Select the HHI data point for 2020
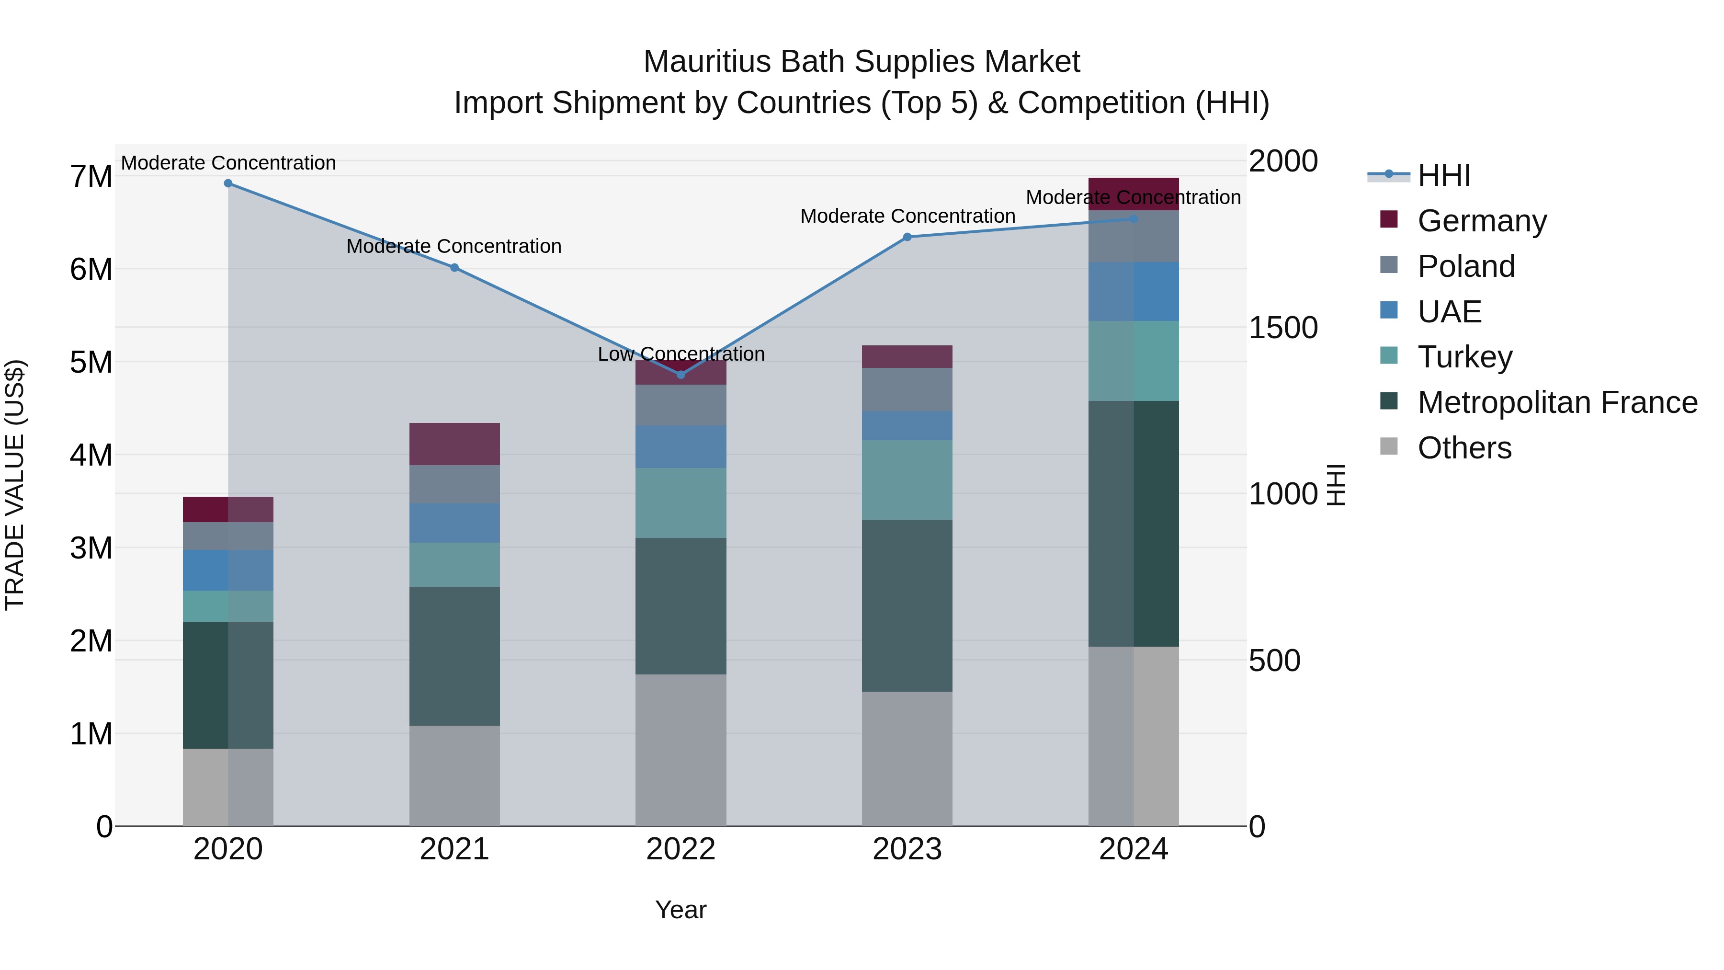click(228, 183)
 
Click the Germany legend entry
click(1482, 221)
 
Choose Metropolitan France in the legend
click(1557, 402)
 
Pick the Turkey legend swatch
click(1389, 356)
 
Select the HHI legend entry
click(1443, 175)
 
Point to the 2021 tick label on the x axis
click(454, 849)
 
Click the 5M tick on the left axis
click(91, 363)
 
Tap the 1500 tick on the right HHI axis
click(1283, 328)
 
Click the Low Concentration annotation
click(681, 354)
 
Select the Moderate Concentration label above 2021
click(454, 246)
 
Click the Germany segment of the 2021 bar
click(454, 444)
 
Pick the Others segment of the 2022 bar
click(681, 750)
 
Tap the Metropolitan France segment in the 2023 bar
click(907, 605)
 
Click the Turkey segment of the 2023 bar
click(907, 479)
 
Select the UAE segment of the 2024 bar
click(1133, 291)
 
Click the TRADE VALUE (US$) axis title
click(15, 485)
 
